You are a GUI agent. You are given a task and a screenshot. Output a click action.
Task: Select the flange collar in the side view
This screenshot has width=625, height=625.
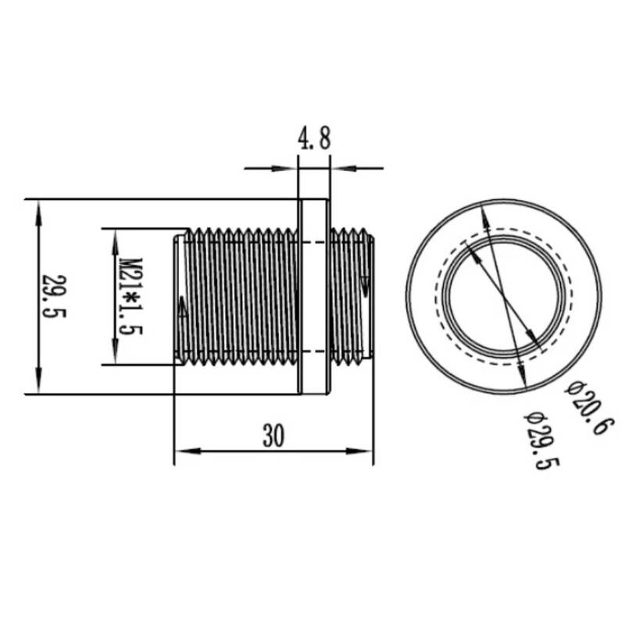coord(313,296)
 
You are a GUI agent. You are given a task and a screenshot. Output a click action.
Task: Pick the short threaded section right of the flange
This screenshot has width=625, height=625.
coord(352,296)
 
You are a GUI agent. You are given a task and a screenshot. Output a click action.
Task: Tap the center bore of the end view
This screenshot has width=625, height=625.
coord(505,297)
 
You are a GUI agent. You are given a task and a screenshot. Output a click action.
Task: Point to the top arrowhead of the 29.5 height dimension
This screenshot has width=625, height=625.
coord(37,206)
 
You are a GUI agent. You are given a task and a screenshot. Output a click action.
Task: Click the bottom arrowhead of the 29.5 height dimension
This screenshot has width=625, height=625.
coord(37,387)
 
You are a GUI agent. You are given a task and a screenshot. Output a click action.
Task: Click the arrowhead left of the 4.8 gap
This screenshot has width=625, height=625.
coord(290,167)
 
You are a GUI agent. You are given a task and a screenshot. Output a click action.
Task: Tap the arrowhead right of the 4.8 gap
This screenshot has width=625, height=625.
coord(339,167)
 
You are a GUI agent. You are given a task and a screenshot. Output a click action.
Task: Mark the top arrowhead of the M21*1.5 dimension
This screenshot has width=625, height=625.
coord(115,236)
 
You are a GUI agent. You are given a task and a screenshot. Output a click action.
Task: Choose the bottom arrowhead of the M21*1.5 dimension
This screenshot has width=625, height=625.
coord(115,356)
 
